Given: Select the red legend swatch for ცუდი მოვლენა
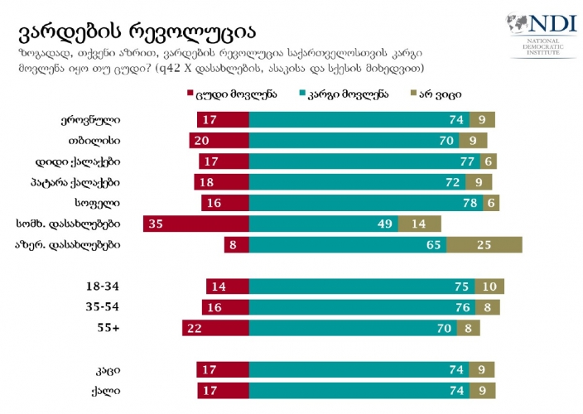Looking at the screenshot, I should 190,94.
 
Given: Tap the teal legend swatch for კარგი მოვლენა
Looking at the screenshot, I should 304,94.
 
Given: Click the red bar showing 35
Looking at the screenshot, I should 195,224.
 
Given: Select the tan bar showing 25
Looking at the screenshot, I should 484,244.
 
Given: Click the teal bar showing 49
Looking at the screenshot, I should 323,224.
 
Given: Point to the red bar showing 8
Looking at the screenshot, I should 236,244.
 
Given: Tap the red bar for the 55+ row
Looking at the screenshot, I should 215,329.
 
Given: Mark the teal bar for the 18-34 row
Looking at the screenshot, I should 361,286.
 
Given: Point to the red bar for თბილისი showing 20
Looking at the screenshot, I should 219,140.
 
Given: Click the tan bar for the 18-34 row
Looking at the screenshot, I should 489,286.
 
